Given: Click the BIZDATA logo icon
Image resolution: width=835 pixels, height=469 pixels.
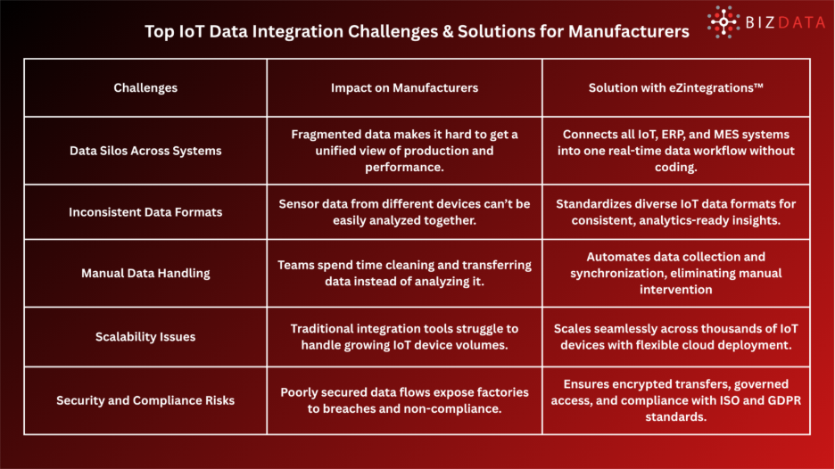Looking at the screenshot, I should tap(723, 21).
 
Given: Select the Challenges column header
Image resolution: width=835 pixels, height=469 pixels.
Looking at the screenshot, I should tap(145, 87).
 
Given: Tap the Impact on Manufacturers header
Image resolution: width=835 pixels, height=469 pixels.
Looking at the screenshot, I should tap(404, 87).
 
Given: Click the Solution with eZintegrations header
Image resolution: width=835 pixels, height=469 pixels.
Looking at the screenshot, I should tap(675, 87).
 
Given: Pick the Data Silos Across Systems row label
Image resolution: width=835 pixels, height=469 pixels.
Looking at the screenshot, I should tap(145, 151).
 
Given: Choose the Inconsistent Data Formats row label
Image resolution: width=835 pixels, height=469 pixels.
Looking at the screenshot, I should tap(145, 212).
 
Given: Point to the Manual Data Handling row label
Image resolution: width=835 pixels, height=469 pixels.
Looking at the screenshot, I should tap(145, 274).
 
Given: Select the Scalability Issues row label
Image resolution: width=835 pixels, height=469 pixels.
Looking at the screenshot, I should tap(145, 337).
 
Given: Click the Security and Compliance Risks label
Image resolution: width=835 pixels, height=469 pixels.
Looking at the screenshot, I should tap(145, 400).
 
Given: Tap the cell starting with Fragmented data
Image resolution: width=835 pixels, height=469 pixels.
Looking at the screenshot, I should tap(404, 151).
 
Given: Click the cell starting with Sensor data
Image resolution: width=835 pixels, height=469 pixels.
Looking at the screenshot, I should tap(404, 212).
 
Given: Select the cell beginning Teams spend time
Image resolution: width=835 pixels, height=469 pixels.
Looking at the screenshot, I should tap(404, 274).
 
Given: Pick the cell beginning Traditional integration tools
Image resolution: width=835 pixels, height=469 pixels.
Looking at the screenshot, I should tap(404, 337).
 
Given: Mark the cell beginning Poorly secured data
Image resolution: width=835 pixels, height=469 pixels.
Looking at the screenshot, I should tap(404, 400).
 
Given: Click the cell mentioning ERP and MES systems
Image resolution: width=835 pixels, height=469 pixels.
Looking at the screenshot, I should tap(675, 151).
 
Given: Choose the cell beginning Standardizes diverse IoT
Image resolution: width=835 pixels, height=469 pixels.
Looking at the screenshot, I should tap(675, 212).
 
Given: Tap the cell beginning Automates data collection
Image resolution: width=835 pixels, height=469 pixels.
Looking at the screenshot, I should tap(675, 274).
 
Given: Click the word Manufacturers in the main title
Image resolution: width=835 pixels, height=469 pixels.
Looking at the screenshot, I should tap(625, 31).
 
